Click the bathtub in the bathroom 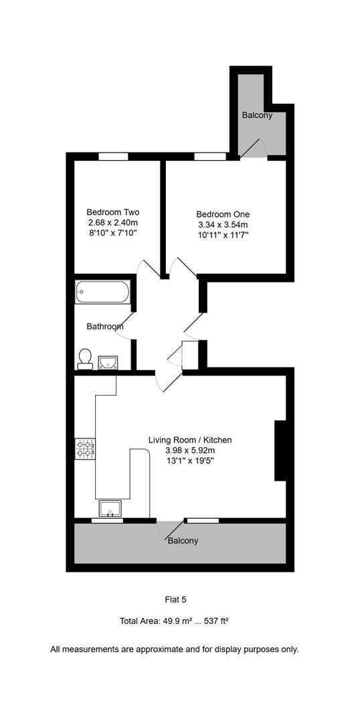103,291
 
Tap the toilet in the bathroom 85,358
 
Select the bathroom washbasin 107,362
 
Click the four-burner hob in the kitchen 85,447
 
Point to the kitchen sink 110,508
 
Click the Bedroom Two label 112,212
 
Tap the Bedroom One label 221,214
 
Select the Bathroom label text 105,327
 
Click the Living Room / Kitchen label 190,440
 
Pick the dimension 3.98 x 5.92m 190,451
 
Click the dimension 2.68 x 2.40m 112,222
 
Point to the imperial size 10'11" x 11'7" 221,235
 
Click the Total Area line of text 174,621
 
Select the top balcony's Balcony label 257,115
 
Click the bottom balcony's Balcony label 183,540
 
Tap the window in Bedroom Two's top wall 113,157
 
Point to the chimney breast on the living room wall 281,450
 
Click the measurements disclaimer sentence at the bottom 175,649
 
